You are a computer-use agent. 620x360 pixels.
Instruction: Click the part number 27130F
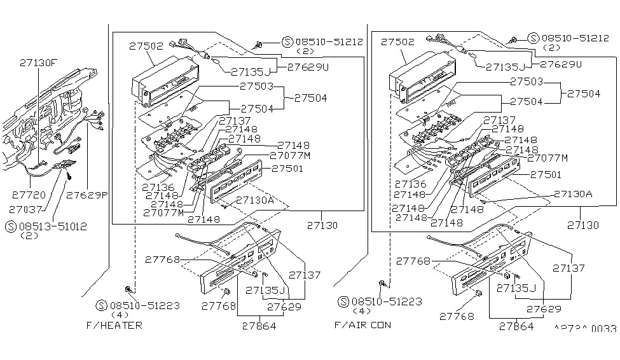click(x=38, y=63)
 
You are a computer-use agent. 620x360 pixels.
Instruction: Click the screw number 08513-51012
click(x=53, y=226)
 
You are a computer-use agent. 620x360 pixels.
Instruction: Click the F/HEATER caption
click(x=114, y=325)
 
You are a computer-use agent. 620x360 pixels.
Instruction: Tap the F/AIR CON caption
click(x=363, y=325)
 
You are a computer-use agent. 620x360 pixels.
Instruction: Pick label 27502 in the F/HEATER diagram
click(x=147, y=46)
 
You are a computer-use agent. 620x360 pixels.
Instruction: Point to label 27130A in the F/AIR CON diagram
click(x=572, y=194)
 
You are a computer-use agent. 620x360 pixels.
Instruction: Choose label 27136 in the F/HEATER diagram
click(x=158, y=186)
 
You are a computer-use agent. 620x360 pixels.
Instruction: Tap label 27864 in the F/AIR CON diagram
click(x=516, y=327)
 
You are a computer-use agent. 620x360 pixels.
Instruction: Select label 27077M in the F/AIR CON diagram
click(x=548, y=158)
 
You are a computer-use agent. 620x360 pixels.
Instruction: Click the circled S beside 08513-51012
click(x=11, y=226)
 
